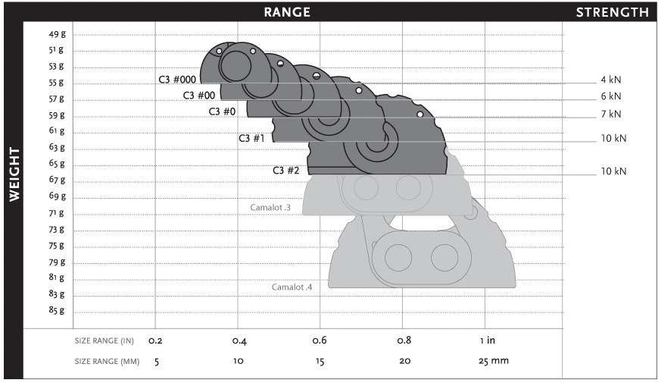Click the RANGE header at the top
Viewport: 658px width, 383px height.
(x=287, y=12)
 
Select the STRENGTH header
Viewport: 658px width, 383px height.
(x=613, y=12)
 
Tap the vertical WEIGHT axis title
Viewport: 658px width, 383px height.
(x=14, y=174)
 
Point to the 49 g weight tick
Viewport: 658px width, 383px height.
(x=57, y=34)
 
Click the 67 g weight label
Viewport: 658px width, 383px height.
(x=57, y=180)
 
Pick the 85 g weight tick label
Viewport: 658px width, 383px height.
(x=57, y=310)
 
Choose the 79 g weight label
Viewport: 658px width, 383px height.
(x=57, y=262)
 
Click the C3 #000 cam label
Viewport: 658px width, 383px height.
(x=177, y=80)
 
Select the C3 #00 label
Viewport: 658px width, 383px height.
(x=199, y=96)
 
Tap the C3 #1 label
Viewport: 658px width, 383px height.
(x=251, y=138)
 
